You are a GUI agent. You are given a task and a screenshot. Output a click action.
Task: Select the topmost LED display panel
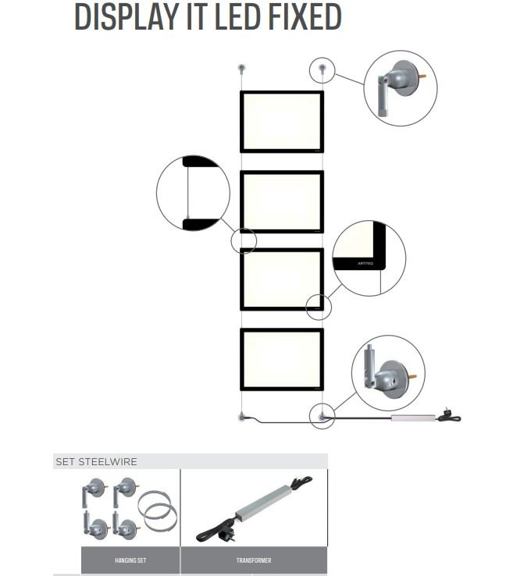tap(281, 122)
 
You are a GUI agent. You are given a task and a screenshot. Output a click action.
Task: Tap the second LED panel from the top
tap(281, 201)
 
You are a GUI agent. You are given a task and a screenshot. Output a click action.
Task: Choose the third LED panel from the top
tap(281, 279)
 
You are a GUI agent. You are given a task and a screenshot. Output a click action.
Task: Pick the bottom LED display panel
tap(281, 359)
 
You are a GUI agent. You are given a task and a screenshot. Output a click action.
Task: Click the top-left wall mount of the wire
tap(242, 69)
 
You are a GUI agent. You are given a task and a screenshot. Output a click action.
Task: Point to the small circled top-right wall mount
tap(322, 69)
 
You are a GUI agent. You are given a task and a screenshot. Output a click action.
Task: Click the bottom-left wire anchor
tap(242, 417)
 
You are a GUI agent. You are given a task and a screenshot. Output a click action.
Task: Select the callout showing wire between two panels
tap(193, 193)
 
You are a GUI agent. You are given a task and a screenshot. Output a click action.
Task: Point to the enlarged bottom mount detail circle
tap(388, 372)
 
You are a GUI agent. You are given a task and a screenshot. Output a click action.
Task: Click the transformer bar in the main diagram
tap(412, 419)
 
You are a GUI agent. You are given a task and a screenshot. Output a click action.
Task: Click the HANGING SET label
tap(130, 560)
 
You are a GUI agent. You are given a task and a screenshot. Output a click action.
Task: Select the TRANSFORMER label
tap(254, 560)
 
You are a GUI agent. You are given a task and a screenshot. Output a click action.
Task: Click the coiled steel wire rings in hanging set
tap(159, 510)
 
